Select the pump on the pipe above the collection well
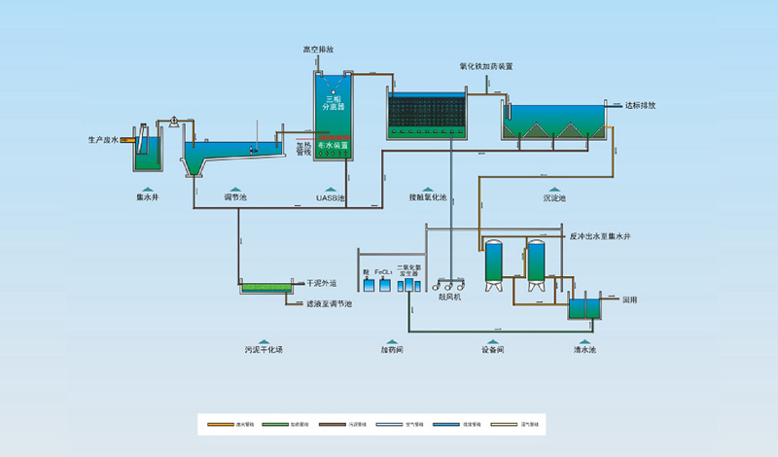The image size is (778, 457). point(172,121)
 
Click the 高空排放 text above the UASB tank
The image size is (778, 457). point(319,49)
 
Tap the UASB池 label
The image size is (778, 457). point(331,197)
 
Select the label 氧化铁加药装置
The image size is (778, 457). point(486,66)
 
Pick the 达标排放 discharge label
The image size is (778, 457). point(639,104)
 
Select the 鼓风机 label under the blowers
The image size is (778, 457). point(449,297)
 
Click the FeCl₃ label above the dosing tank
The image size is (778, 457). point(383,273)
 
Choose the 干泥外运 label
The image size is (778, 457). point(321,284)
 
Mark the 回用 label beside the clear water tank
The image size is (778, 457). point(629,299)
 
